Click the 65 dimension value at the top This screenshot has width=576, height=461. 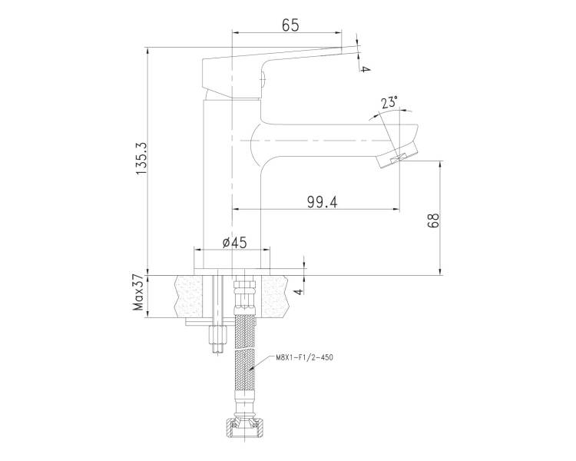click(x=290, y=25)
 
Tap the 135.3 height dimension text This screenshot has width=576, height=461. click(x=141, y=158)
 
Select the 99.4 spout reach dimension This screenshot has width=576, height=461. click(x=322, y=202)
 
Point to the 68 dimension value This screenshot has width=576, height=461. click(x=433, y=221)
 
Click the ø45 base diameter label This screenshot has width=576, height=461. click(x=235, y=243)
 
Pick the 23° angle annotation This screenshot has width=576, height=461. click(x=389, y=102)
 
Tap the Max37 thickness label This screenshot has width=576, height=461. click(x=138, y=292)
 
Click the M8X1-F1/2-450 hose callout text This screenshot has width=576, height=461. click(x=305, y=357)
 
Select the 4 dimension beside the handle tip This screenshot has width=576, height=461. click(x=363, y=68)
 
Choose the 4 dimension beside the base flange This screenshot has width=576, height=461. click(x=299, y=291)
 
